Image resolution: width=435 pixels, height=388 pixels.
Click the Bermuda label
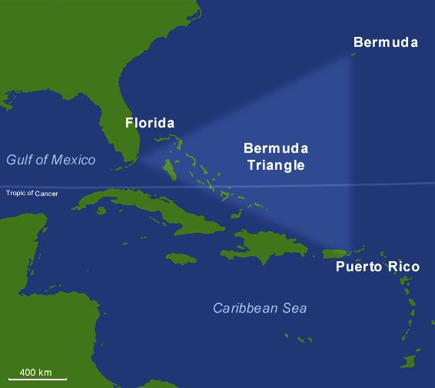(x=385, y=42)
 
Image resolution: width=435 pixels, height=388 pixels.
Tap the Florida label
(x=150, y=123)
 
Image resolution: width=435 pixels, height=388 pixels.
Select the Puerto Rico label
(x=377, y=267)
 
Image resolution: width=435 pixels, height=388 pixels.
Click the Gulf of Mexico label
(x=51, y=160)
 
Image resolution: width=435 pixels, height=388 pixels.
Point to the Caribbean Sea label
(x=260, y=308)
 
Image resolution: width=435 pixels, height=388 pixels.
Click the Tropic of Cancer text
(x=32, y=193)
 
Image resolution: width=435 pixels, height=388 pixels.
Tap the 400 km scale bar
(x=37, y=379)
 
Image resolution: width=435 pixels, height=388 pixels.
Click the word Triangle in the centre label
(x=273, y=165)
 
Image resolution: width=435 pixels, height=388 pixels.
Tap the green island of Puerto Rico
(x=337, y=254)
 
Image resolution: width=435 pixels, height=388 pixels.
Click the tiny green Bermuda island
(x=354, y=55)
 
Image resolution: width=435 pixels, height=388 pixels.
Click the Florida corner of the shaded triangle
(x=138, y=161)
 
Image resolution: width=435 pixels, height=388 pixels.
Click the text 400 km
(x=35, y=372)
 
